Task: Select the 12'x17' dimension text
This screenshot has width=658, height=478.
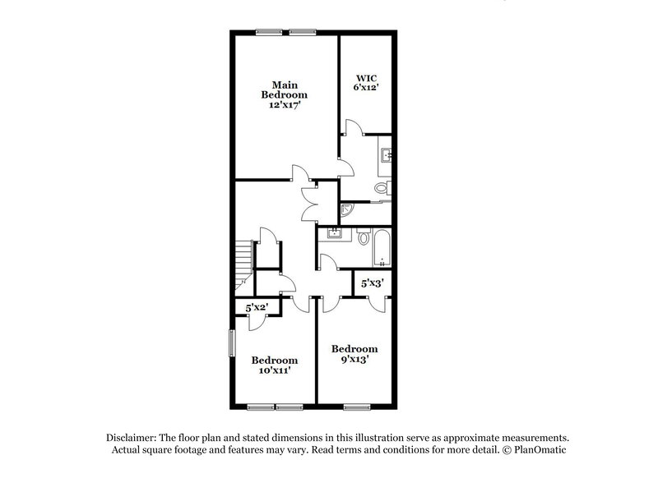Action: click(x=285, y=106)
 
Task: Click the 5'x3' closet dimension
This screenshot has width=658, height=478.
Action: click(x=373, y=283)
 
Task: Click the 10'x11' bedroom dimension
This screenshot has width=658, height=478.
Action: click(x=274, y=370)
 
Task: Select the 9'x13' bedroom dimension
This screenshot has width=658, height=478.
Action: click(x=354, y=359)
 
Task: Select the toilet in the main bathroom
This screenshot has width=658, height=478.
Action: click(x=382, y=188)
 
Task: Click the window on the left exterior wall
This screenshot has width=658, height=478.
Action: click(x=231, y=342)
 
